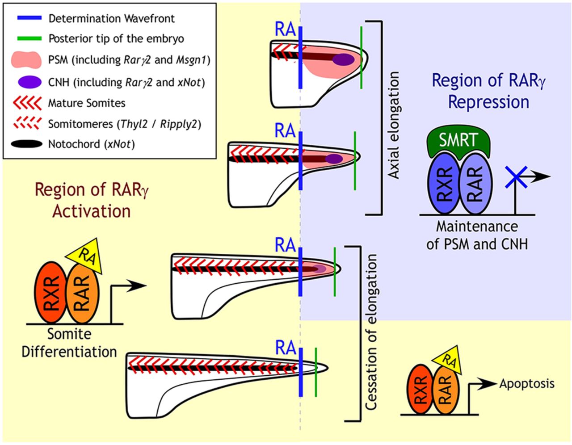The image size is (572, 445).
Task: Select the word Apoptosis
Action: point(527,383)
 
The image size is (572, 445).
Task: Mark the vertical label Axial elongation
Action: point(393,125)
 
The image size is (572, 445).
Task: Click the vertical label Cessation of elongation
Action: point(372,332)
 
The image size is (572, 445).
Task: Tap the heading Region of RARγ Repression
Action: point(488,91)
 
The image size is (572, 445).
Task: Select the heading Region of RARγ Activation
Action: point(92,200)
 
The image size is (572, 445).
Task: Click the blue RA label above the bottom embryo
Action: point(286,348)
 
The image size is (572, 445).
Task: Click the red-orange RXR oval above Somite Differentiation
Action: point(50,292)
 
